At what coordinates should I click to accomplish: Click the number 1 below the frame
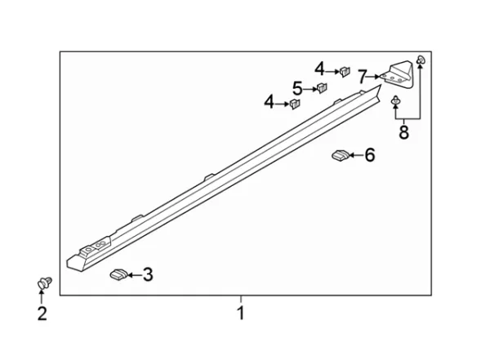coord(241,313)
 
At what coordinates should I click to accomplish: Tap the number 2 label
coord(42,313)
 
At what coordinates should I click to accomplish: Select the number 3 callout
coord(148,274)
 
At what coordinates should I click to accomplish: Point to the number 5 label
coord(297,88)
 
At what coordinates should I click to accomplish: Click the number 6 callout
coord(370,155)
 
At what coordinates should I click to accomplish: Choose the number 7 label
coord(362,77)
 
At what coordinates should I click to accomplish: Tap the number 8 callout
coord(403,132)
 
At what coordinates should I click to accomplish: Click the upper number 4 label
coord(319,69)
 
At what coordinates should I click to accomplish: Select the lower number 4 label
coord(269,102)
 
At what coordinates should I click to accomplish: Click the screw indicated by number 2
coord(44,283)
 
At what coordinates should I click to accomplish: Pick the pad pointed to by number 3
coord(118,273)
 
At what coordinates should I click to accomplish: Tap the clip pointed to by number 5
coord(322,88)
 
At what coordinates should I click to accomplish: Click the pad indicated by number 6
coord(341,155)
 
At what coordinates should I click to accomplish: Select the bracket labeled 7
coord(399,74)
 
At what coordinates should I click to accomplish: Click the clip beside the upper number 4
coord(345,72)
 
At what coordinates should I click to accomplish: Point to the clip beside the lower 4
coord(294,104)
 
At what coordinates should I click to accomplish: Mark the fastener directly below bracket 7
coord(396,100)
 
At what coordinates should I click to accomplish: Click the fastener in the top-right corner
coord(421,60)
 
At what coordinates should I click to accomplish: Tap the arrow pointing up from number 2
coord(41,297)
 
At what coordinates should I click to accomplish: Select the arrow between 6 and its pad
coord(356,155)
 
